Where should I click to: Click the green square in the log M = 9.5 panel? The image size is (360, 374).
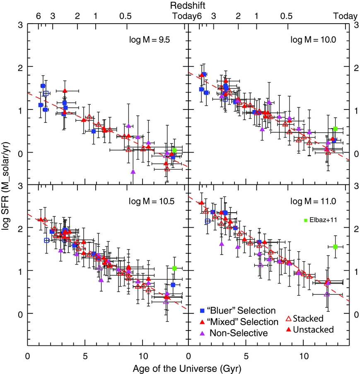(x=174, y=150)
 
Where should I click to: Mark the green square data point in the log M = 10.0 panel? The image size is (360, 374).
(x=335, y=129)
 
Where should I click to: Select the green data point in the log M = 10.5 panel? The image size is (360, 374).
(x=174, y=268)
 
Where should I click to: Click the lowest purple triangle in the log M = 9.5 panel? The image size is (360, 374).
(x=133, y=172)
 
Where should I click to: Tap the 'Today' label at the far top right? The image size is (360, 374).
(x=346, y=16)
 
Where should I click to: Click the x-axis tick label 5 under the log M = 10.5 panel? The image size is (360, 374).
(x=85, y=356)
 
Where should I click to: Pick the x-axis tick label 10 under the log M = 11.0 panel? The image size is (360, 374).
(x=304, y=356)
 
